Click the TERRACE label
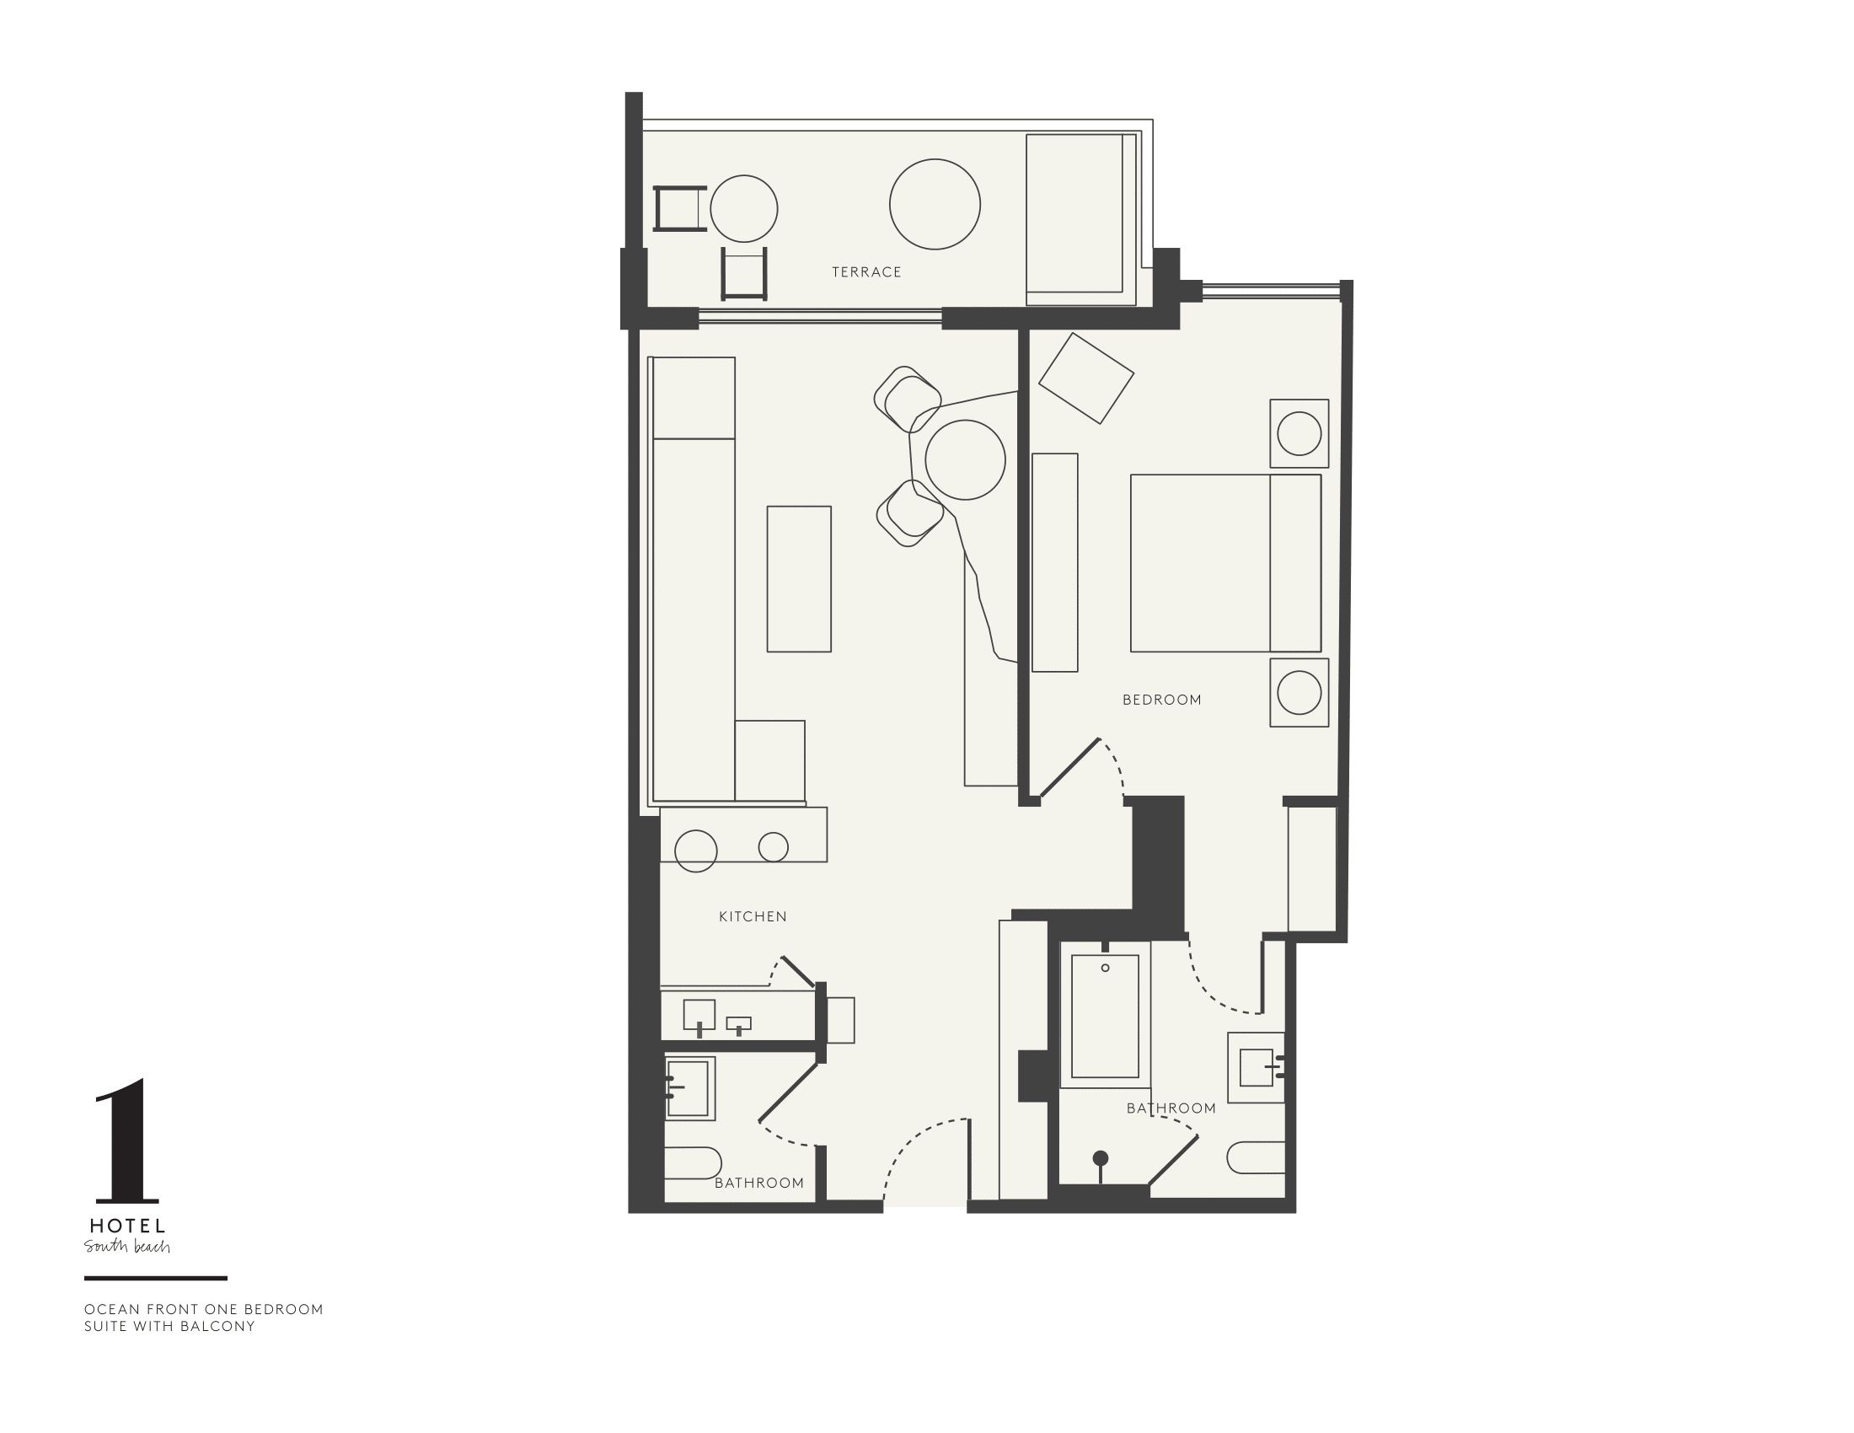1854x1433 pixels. (x=865, y=271)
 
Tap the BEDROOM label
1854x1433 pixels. (x=1161, y=700)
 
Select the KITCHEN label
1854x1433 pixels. (x=752, y=916)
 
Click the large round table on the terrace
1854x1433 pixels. (x=935, y=204)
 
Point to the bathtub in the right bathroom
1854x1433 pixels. (x=1105, y=1017)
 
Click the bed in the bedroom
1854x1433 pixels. (x=1224, y=563)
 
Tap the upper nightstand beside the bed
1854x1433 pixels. (x=1299, y=433)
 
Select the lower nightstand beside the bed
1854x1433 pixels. (x=1299, y=692)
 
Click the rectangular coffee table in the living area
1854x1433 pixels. (x=799, y=579)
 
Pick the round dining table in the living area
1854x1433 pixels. (x=965, y=460)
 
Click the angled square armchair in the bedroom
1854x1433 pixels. (x=1085, y=378)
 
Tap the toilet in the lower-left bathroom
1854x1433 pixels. (x=691, y=1163)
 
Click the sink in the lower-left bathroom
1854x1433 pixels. (x=689, y=1088)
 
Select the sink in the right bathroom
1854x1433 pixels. (x=1257, y=1067)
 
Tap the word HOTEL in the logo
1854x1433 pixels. (x=127, y=1226)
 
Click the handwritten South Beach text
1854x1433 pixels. (x=127, y=1246)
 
